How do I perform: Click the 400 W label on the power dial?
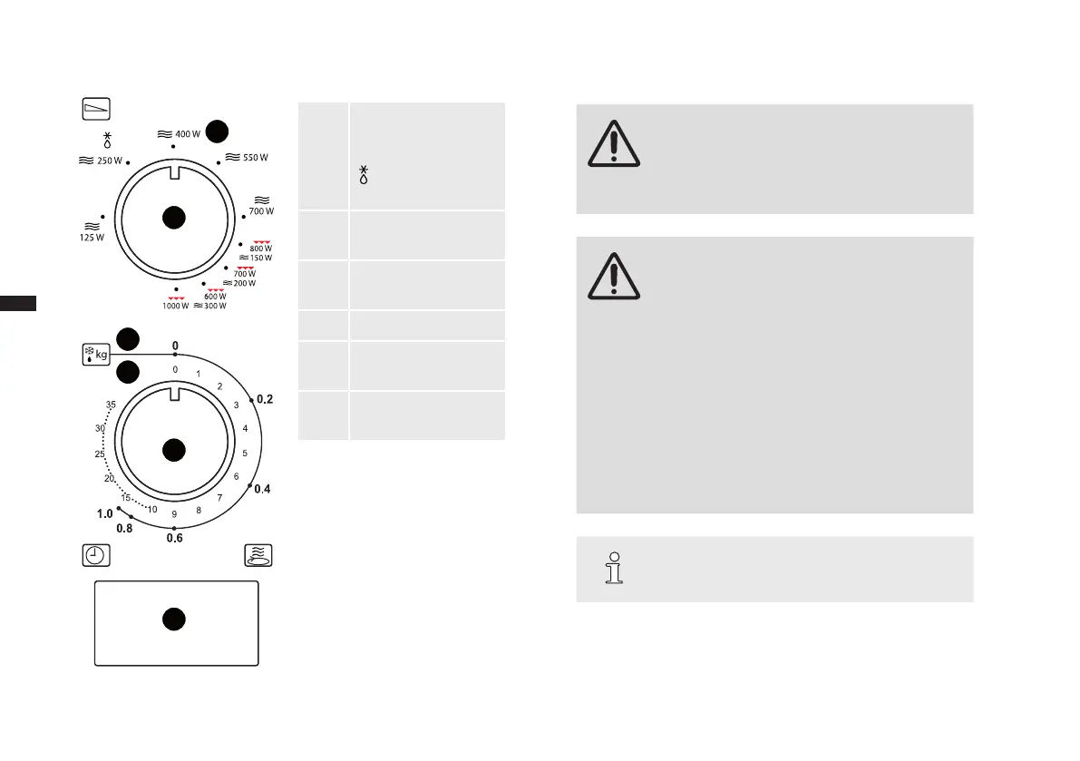[x=187, y=133]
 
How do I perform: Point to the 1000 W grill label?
[x=176, y=306]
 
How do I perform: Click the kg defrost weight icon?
[x=95, y=353]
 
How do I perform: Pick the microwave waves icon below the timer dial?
[x=258, y=555]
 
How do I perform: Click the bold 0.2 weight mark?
[x=264, y=399]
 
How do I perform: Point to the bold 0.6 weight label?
[x=174, y=538]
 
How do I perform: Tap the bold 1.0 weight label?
[x=105, y=513]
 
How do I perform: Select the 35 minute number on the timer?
[x=111, y=405]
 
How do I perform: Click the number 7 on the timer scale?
[x=219, y=498]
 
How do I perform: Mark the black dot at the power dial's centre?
[x=174, y=218]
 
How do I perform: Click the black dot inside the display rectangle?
[x=174, y=620]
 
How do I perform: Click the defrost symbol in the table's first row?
[x=363, y=175]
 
